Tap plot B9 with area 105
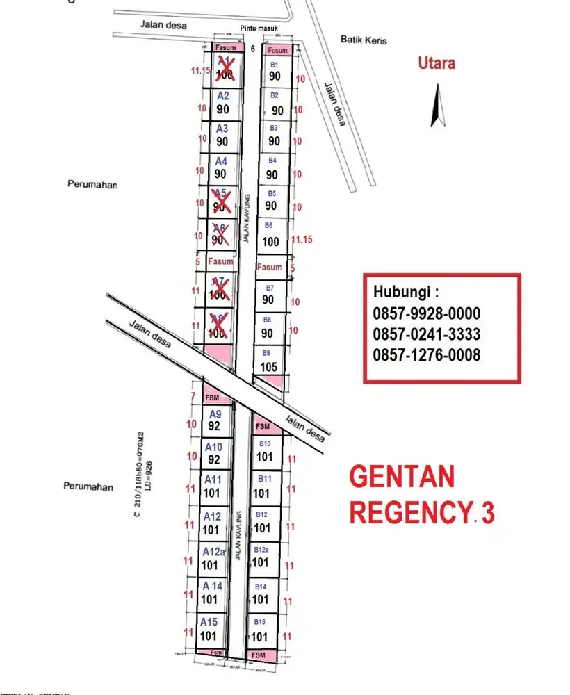(268, 361)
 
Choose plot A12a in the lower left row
(211, 558)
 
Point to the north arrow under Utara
(437, 105)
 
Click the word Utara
(437, 63)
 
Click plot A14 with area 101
(210, 592)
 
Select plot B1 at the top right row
(275, 71)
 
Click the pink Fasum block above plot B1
(277, 50)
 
